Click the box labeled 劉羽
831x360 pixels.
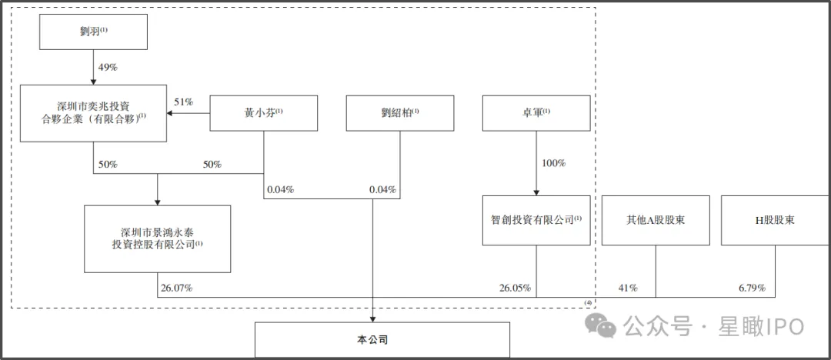tap(93, 32)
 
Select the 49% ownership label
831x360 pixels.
tap(108, 68)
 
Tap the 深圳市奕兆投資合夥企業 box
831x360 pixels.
tap(93, 112)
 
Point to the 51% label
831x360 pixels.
tap(183, 102)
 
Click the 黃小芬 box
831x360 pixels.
tap(264, 113)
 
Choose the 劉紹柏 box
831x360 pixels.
tap(400, 113)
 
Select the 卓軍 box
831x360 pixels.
tap(536, 113)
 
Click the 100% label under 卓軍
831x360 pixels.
tap(554, 163)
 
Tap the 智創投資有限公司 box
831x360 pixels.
tap(536, 221)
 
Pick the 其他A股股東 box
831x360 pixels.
tap(656, 221)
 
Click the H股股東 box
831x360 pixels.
tap(776, 221)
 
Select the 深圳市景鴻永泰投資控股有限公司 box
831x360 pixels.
tap(158, 238)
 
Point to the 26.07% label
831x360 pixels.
tap(177, 288)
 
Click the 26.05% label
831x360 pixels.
tap(514, 288)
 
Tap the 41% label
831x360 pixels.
tap(628, 288)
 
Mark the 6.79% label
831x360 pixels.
tap(753, 288)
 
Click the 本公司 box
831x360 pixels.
tap(382, 340)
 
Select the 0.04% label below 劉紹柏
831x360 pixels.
tap(382, 190)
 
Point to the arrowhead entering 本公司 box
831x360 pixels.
tap(372, 319)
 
